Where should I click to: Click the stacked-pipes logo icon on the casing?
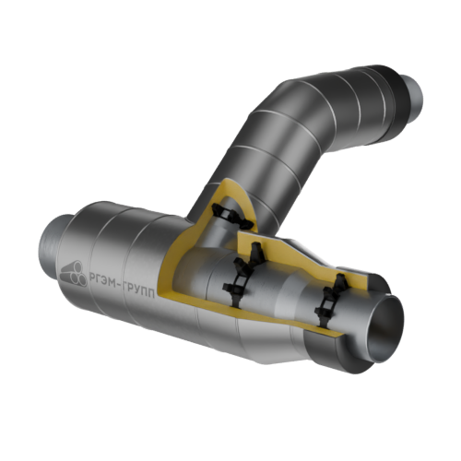click(x=73, y=274)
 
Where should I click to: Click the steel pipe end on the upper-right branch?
click(x=413, y=99)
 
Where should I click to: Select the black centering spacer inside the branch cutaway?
click(x=232, y=217)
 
